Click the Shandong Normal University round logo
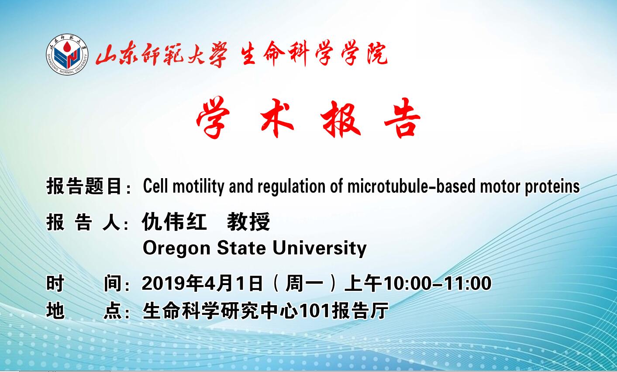tap(67, 55)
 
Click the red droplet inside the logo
tap(67, 47)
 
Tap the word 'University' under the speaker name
tap(320, 248)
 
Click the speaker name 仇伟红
tap(174, 221)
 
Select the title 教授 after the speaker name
tap(248, 221)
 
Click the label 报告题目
tap(84, 186)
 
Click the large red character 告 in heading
tap(402, 118)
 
